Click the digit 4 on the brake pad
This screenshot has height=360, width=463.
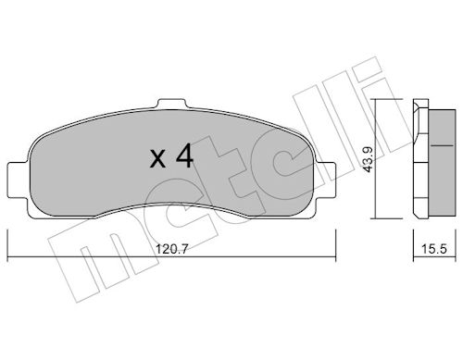coord(183,156)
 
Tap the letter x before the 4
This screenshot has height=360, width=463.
coord(157,158)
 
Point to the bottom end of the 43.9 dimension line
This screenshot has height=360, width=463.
coord(377,218)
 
